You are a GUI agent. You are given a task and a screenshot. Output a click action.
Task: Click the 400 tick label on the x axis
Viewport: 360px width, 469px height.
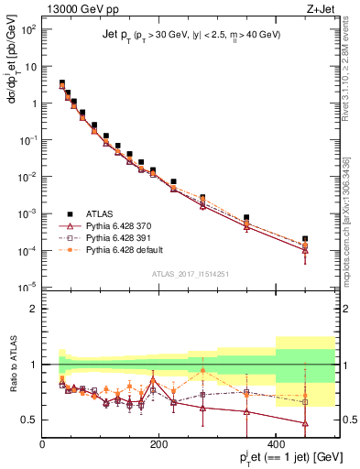276,445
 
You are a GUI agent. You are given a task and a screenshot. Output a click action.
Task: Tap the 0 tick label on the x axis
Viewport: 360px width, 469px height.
42,445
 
